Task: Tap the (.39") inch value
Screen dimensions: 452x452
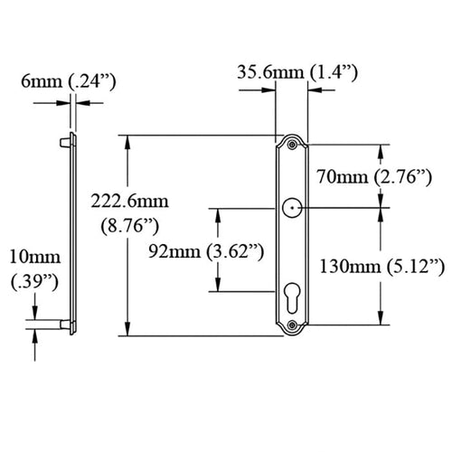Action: click(x=33, y=282)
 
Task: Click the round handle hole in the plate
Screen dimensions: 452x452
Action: click(x=292, y=207)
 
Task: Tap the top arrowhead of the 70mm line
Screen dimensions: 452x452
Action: click(x=381, y=146)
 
